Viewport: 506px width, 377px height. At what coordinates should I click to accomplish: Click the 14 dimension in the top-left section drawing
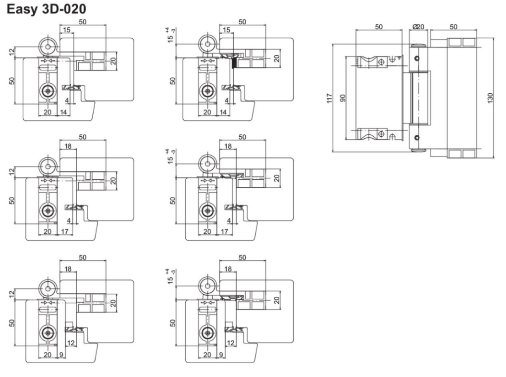click(63, 113)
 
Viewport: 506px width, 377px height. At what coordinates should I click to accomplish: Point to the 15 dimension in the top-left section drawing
click(66, 31)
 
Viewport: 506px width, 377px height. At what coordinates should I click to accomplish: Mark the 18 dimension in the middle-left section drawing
click(68, 146)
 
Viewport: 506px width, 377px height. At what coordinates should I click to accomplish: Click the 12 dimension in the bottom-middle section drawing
click(231, 343)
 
